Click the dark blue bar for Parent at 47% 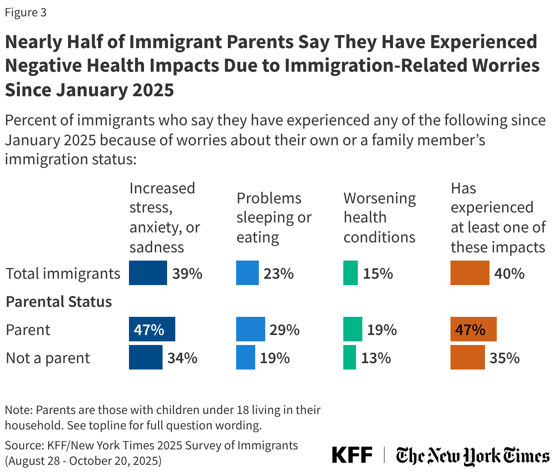point(152,329)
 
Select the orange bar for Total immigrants point(470,273)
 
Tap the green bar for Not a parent point(349,357)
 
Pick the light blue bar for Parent point(250,329)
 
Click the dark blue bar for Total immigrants point(148,273)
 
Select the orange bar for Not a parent point(467,357)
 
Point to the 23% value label point(278,273)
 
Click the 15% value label point(378,273)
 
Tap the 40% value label point(509,273)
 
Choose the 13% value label point(376,358)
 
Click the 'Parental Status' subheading point(59,301)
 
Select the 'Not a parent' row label point(48,358)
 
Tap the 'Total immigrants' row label point(63,273)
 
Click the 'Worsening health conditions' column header point(379,217)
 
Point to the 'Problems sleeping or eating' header point(274,217)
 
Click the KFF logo point(352,455)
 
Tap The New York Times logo point(472,455)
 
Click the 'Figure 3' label point(25,12)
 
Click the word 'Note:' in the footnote point(19,410)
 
